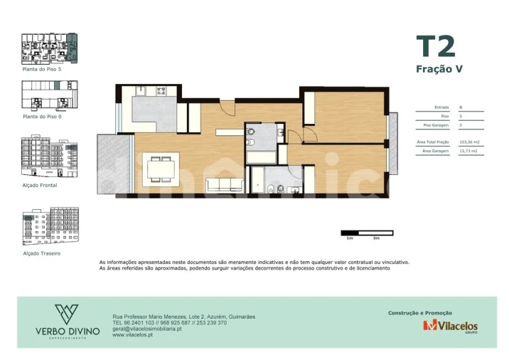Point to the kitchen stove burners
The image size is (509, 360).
tap(161, 90)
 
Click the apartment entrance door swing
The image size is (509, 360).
tap(227, 107)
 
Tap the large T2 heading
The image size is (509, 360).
tap(435, 46)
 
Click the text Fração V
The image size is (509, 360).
tap(439, 69)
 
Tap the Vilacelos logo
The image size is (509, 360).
tap(450, 326)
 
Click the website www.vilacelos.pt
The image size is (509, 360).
tap(133, 334)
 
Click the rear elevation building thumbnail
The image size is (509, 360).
tap(50, 226)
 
